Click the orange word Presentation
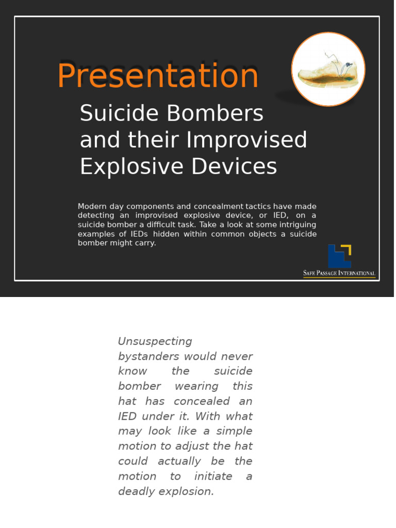pos(158,75)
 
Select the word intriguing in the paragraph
pos(290,225)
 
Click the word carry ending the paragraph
pos(145,243)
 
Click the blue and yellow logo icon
pos(339,256)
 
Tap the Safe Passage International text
pos(339,273)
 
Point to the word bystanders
pos(148,356)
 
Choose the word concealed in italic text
pos(199,401)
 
